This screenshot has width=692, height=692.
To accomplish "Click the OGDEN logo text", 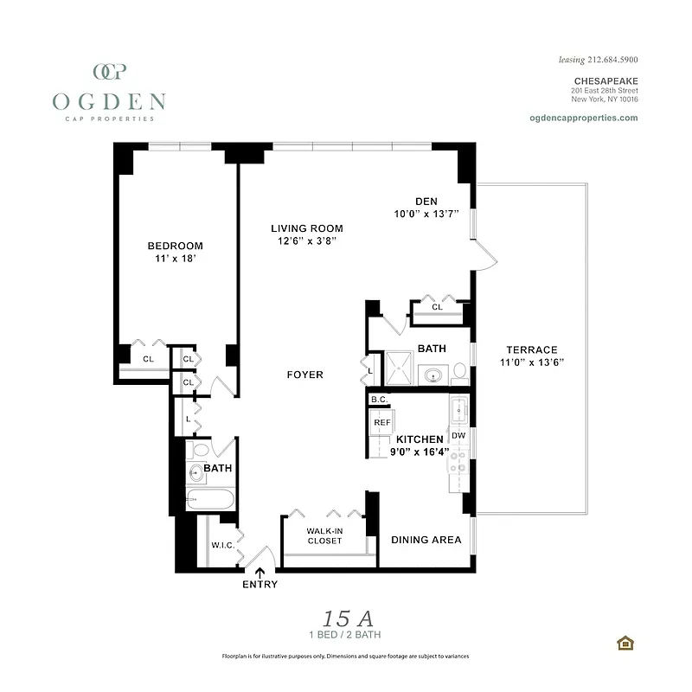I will [x=109, y=101].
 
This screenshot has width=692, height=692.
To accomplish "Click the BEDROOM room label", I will [x=175, y=246].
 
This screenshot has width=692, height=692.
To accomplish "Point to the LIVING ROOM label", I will [x=307, y=228].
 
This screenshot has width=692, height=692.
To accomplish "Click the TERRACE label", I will [x=532, y=349].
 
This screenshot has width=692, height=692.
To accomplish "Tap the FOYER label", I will [x=305, y=375].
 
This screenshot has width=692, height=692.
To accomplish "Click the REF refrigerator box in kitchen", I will [x=382, y=423].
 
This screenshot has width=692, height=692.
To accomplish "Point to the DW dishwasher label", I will [x=458, y=435].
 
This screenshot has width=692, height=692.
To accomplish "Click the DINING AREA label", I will [x=426, y=540].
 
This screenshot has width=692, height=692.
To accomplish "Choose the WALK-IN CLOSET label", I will [x=324, y=535].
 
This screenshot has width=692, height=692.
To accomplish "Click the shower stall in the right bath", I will [x=400, y=368].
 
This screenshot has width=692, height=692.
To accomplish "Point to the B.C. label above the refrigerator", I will [x=378, y=400].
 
